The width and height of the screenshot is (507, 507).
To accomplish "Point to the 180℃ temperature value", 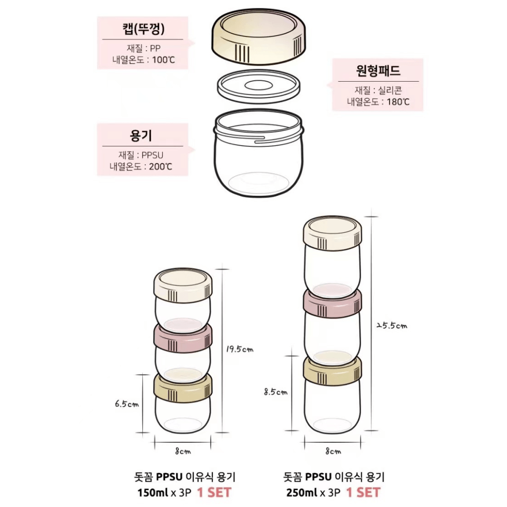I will click(x=398, y=101).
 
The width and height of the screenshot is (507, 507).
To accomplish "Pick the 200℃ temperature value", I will click(x=161, y=166).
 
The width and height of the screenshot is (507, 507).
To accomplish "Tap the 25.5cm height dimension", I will click(x=392, y=325).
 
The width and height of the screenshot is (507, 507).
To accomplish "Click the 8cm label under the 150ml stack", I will click(x=183, y=451).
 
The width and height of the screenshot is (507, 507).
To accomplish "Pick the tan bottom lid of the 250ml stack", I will click(x=332, y=370).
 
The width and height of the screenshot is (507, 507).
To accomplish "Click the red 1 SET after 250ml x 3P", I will click(x=363, y=492).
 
